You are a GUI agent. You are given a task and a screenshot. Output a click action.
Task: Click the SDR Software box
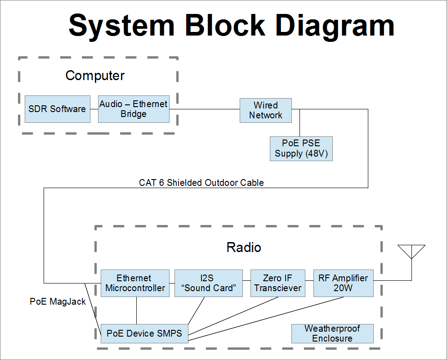tap(57, 109)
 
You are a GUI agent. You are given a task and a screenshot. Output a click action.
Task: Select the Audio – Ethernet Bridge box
tap(134, 109)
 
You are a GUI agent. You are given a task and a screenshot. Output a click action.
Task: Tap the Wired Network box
tap(265, 110)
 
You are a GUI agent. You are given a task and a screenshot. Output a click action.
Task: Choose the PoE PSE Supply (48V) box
tap(301, 148)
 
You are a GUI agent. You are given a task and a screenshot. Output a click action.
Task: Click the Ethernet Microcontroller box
tap(135, 283)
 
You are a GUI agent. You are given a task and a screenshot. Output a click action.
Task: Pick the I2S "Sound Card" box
tap(208, 283)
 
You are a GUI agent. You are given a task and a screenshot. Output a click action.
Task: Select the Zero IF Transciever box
tap(277, 283)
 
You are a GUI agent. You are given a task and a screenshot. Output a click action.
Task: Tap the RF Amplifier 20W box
tap(343, 283)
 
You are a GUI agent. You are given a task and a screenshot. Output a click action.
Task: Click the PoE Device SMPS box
tap(144, 333)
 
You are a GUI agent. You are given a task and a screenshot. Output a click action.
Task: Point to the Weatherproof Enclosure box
tap(332, 333)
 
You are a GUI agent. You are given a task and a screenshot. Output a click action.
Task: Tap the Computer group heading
tap(95, 75)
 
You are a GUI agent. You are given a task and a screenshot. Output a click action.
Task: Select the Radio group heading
tap(244, 247)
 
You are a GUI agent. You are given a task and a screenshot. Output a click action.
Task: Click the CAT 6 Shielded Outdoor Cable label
tap(201, 183)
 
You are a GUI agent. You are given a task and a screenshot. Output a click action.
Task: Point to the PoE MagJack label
tap(58, 302)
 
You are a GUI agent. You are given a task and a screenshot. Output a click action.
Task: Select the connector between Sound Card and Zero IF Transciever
tap(246, 283)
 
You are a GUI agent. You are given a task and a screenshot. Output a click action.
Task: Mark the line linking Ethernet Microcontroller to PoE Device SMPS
tap(136, 310)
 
